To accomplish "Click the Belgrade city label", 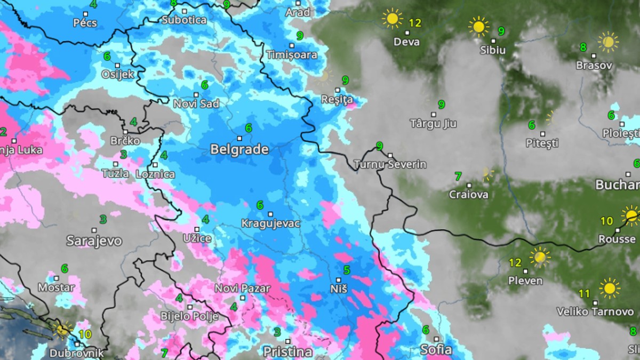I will tap(239, 150).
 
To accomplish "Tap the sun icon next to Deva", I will tap(393, 19).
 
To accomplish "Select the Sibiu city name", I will tap(492, 51).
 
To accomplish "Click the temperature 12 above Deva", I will tap(415, 23).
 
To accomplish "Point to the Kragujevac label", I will tap(270, 223).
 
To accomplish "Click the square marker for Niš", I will tap(340, 279).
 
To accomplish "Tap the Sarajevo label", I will tap(94, 241).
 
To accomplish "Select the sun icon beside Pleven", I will tap(540, 257).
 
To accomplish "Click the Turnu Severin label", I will tap(390, 164).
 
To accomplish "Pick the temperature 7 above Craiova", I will tap(458, 176).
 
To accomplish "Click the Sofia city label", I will tap(436, 350).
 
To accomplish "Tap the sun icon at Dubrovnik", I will tap(62, 329).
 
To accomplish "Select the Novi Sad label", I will tap(196, 104).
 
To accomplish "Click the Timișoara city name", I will tap(291, 54).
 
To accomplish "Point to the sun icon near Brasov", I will tap(607, 42).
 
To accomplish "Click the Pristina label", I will tap(287, 351).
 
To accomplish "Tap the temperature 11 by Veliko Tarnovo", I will tap(584, 293).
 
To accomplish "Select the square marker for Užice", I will tap(197, 229).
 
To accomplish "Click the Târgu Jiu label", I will tap(433, 124).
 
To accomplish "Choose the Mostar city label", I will tap(56, 287).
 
